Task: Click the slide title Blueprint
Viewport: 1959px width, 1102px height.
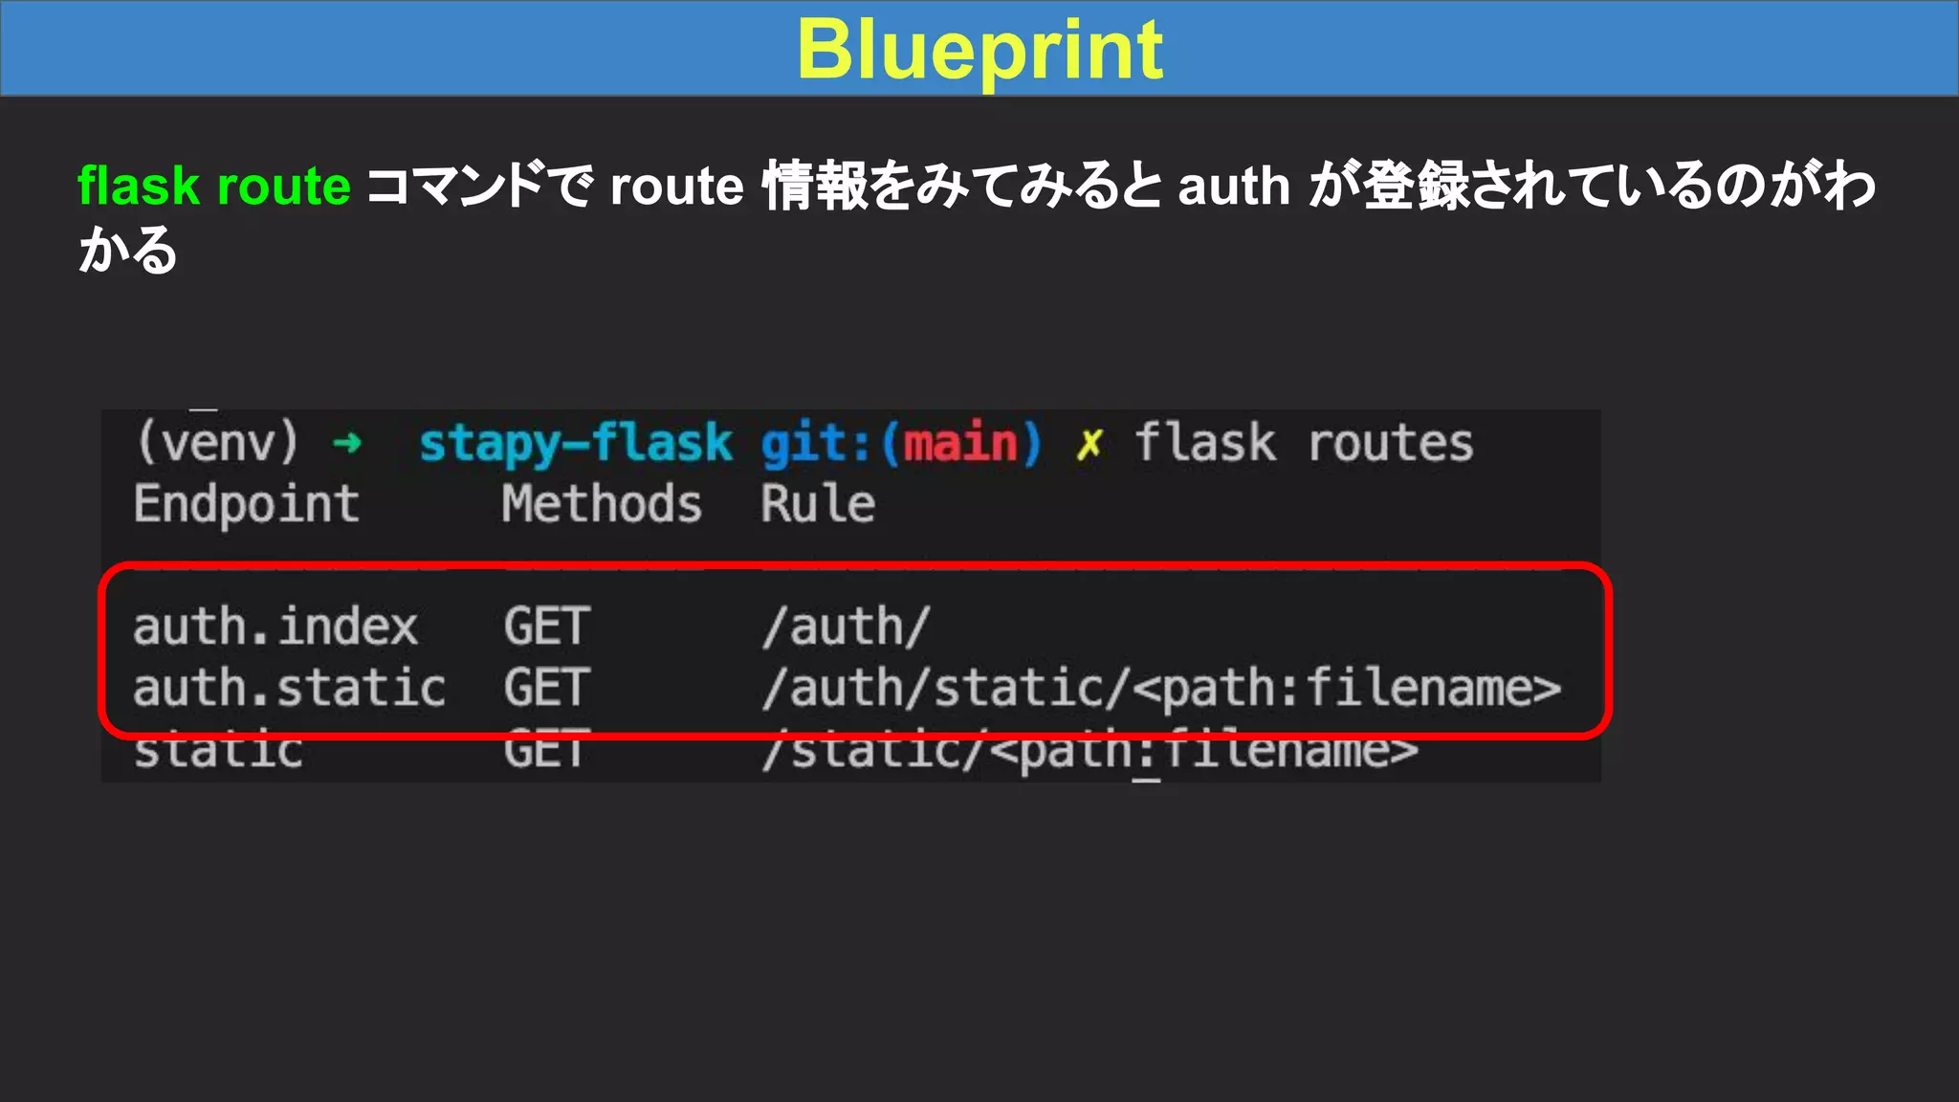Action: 979,50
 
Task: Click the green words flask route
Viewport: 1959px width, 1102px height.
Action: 214,186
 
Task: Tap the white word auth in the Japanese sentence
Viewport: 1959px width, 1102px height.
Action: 1234,186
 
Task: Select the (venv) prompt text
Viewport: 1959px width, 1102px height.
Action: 218,443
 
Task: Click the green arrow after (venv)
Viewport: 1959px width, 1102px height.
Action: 347,443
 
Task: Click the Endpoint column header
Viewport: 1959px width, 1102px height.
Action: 247,504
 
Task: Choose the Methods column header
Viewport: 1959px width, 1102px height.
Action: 602,504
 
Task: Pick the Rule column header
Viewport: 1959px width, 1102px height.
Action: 818,504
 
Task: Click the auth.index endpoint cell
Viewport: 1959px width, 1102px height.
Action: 275,628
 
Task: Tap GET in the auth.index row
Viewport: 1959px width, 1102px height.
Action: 547,628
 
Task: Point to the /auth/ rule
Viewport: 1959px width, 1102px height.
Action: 846,628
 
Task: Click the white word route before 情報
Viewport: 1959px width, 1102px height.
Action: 677,186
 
